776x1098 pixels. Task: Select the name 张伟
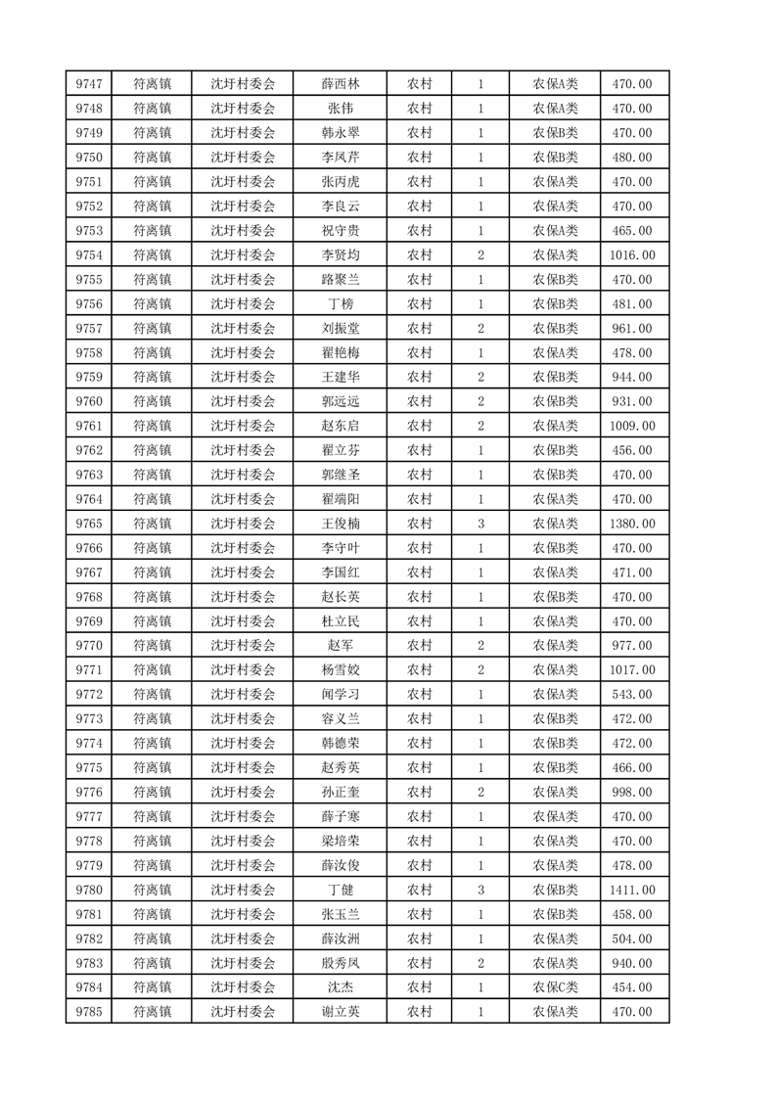pyautogui.click(x=340, y=109)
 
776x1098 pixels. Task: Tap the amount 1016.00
pyautogui.click(x=632, y=255)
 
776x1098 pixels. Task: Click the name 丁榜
pyautogui.click(x=340, y=304)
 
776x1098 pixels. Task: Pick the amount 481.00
pyautogui.click(x=632, y=304)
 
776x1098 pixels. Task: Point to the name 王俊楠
pyautogui.click(x=340, y=524)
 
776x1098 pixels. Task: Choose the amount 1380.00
pyautogui.click(x=632, y=524)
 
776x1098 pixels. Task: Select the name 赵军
pyautogui.click(x=340, y=646)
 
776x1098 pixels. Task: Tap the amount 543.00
pyautogui.click(x=632, y=695)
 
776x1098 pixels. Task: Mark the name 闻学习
pyautogui.click(x=340, y=695)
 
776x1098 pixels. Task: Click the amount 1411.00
pyautogui.click(x=632, y=890)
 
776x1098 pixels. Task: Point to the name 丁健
pyautogui.click(x=340, y=890)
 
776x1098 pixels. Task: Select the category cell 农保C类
pyautogui.click(x=555, y=987)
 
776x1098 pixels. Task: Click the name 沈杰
pyautogui.click(x=340, y=987)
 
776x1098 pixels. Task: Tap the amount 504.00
pyautogui.click(x=632, y=938)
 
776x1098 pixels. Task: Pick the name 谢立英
pyautogui.click(x=340, y=1012)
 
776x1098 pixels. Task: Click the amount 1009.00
pyautogui.click(x=632, y=426)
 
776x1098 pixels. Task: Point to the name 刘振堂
pyautogui.click(x=340, y=329)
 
